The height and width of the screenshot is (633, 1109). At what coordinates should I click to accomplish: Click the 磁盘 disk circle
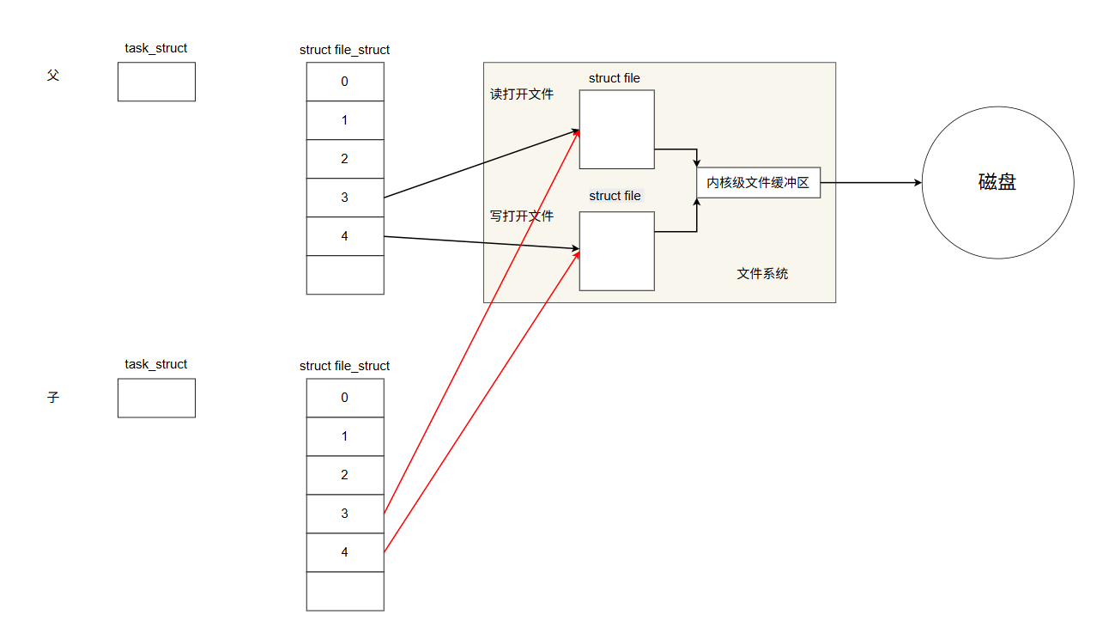tap(997, 182)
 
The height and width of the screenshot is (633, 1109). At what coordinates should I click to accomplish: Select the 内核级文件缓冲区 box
tap(758, 182)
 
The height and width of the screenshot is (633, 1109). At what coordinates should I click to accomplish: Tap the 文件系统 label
tap(762, 274)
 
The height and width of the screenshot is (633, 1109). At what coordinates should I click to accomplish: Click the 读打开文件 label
tap(522, 94)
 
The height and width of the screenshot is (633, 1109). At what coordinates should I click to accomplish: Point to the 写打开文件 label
tap(522, 216)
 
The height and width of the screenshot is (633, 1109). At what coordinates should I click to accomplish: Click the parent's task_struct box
tap(156, 82)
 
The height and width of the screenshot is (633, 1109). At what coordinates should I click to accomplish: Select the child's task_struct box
tap(156, 398)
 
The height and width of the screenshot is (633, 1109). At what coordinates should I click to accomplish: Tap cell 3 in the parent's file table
tap(345, 198)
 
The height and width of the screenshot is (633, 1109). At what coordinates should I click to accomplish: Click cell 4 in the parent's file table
tap(345, 236)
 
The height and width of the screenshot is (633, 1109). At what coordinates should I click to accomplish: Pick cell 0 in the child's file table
tap(345, 398)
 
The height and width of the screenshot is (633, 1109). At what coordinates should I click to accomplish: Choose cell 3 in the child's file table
tap(345, 514)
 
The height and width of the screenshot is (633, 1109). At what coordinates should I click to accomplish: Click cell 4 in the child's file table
tap(345, 552)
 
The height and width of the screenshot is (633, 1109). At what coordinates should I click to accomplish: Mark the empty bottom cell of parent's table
tap(345, 275)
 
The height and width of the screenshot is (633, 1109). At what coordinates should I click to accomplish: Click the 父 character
tap(53, 76)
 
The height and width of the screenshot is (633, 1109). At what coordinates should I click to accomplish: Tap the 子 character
tap(53, 398)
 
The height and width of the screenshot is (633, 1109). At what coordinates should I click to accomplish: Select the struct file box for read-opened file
tap(616, 129)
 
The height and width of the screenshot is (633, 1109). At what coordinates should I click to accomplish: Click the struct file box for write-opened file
tap(616, 251)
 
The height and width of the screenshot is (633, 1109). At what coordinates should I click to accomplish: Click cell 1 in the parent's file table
tap(345, 120)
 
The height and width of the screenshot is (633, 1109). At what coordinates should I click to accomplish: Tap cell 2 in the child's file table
tap(345, 475)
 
